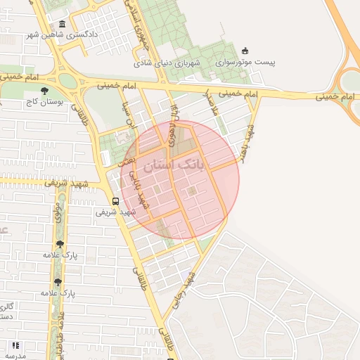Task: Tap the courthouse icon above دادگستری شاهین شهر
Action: click(63, 25)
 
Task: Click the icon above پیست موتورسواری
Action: click(245, 51)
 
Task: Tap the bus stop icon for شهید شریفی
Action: click(115, 200)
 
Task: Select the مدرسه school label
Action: click(15, 355)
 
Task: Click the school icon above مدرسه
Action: click(15, 345)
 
